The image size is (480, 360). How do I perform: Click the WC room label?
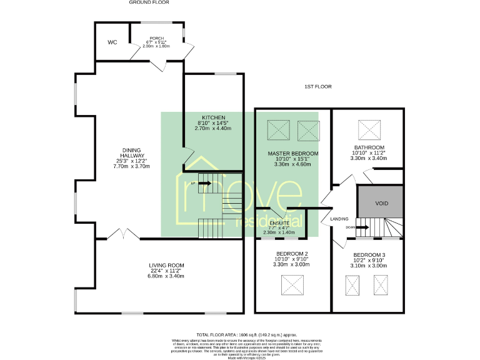[112, 42]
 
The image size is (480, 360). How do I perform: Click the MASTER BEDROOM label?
[293, 153]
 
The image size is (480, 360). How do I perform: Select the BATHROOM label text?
[369, 147]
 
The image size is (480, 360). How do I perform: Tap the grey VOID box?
[381, 204]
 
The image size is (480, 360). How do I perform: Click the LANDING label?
[339, 219]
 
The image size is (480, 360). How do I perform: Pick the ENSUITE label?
[280, 222]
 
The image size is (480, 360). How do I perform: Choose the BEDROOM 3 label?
[369, 255]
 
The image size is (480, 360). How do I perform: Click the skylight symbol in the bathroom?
[369, 130]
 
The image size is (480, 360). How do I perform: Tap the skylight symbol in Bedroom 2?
[292, 286]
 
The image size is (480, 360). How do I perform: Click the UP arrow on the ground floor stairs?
[201, 183]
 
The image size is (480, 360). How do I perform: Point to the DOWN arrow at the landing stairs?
[354, 227]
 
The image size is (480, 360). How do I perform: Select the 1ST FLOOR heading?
[317, 86]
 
